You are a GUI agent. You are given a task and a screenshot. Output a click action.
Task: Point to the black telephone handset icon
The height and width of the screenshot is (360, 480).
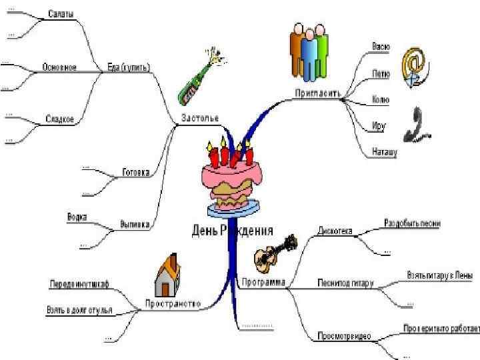[x=418, y=123]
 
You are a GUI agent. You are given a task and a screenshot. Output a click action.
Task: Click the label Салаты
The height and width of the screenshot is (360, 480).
[x=61, y=14]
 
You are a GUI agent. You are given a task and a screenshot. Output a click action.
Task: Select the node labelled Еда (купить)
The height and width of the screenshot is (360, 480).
[x=129, y=67]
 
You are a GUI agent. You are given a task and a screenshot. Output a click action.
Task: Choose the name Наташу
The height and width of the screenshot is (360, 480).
[x=385, y=153]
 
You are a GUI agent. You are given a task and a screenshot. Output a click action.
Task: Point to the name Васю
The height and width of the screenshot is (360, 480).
[x=381, y=47]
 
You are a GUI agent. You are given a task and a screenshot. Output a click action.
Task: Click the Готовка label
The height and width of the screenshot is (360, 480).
[x=135, y=172]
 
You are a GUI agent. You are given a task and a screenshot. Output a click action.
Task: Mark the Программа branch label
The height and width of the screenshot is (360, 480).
[x=263, y=282]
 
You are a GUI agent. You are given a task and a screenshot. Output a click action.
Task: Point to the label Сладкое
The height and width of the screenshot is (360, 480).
[x=60, y=119]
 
